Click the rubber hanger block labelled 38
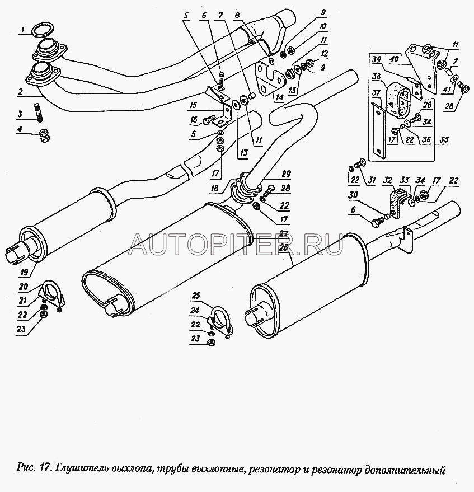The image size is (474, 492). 398,96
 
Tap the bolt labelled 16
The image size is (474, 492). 209,119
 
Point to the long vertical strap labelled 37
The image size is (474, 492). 379,126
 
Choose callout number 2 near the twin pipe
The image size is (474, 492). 20,91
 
